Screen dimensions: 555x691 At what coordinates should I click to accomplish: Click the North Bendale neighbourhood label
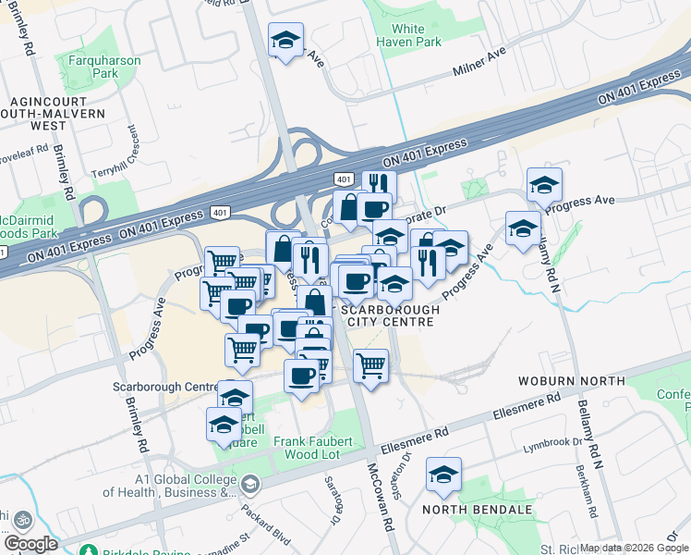tap(478, 510)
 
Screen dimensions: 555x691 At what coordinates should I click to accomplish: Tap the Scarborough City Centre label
tap(388, 315)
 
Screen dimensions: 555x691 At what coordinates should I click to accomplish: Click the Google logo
tap(31, 544)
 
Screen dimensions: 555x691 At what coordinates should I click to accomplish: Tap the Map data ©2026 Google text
tap(635, 548)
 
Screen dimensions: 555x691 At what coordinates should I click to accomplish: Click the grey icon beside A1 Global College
tap(249, 485)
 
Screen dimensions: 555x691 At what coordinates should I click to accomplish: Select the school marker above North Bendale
tap(443, 474)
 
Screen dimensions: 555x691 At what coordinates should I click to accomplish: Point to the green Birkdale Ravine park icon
tap(88, 550)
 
